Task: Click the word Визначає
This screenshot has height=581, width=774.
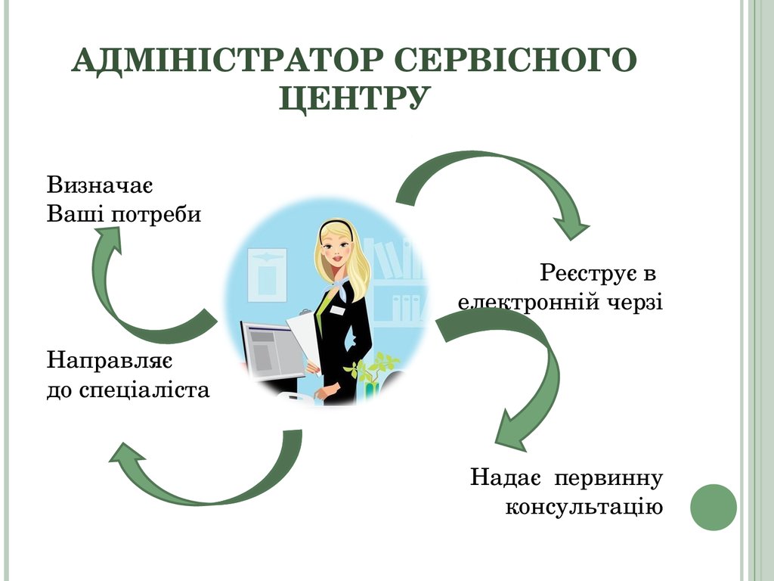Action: pyautogui.click(x=100, y=186)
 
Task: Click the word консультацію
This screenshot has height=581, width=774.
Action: pyautogui.click(x=584, y=507)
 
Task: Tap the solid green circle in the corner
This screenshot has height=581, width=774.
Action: pyautogui.click(x=714, y=507)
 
